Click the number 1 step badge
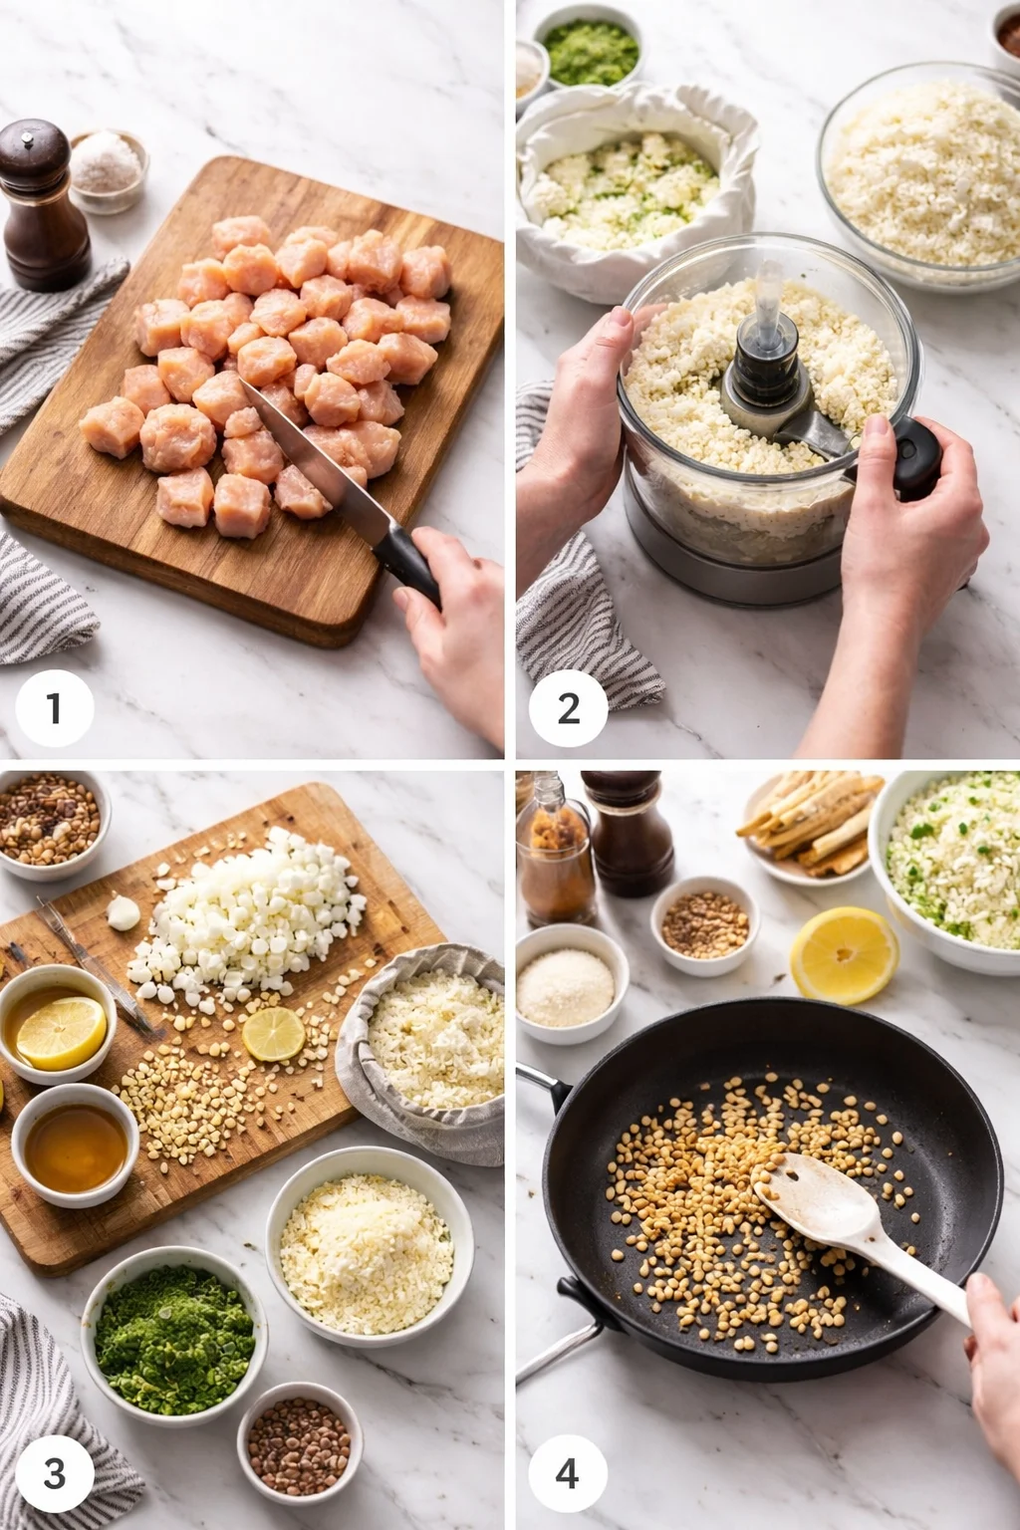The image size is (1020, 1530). (54, 708)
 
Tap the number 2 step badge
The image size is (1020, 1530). (568, 708)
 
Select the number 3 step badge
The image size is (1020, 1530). (54, 1472)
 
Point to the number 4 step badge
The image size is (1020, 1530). (567, 1472)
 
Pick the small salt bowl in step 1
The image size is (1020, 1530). (108, 169)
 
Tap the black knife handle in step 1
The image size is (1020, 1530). (409, 564)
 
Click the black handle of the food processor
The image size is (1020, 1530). (916, 457)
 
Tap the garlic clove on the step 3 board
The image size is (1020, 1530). (125, 911)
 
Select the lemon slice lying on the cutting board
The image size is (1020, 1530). (273, 1034)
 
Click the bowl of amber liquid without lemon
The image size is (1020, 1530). (76, 1147)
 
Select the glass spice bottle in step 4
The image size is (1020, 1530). (554, 847)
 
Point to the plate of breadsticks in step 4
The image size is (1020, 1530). (807, 827)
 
